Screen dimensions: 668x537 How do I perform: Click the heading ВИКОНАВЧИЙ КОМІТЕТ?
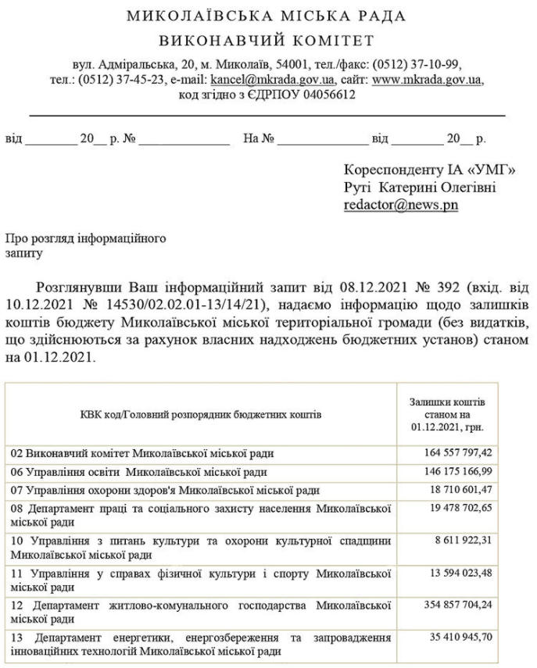[266, 40]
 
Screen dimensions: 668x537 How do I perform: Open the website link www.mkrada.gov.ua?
[428, 80]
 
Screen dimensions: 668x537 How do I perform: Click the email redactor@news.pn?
[401, 205]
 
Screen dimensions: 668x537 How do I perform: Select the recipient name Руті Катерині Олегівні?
[420, 188]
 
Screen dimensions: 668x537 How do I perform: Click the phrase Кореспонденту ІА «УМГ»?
[430, 170]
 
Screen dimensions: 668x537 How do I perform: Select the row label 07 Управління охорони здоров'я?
[164, 490]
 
